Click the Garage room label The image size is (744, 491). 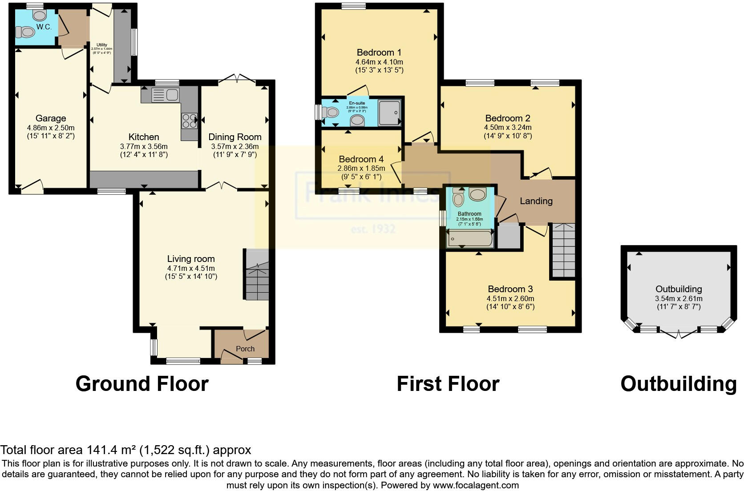tap(51, 118)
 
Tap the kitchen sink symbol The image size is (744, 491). tap(165, 95)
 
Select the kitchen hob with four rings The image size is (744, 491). tap(189, 120)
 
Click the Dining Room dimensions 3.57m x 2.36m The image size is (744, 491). tap(235, 146)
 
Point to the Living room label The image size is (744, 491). tap(191, 259)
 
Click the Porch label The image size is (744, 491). tap(245, 349)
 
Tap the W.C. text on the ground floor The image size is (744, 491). tap(44, 27)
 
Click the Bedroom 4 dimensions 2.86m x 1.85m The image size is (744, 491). tap(361, 169)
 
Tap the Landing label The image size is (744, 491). tap(536, 201)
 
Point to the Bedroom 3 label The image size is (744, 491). tap(510, 289)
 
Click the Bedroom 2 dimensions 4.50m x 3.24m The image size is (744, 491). tap(508, 128)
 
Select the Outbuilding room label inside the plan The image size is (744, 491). tap(679, 289)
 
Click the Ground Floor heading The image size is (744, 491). tap(142, 383)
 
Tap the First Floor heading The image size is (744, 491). tap(448, 383)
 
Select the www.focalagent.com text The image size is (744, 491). tap(476, 485)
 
